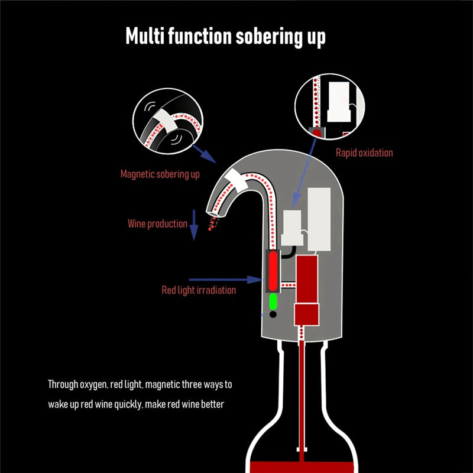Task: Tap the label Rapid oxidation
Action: [x=364, y=153]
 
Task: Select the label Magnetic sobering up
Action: [x=160, y=174]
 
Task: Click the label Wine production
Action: [x=157, y=223]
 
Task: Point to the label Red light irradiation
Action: [x=199, y=290]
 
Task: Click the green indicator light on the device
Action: [x=273, y=302]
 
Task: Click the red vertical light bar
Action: [x=273, y=271]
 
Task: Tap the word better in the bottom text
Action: [x=211, y=406]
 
